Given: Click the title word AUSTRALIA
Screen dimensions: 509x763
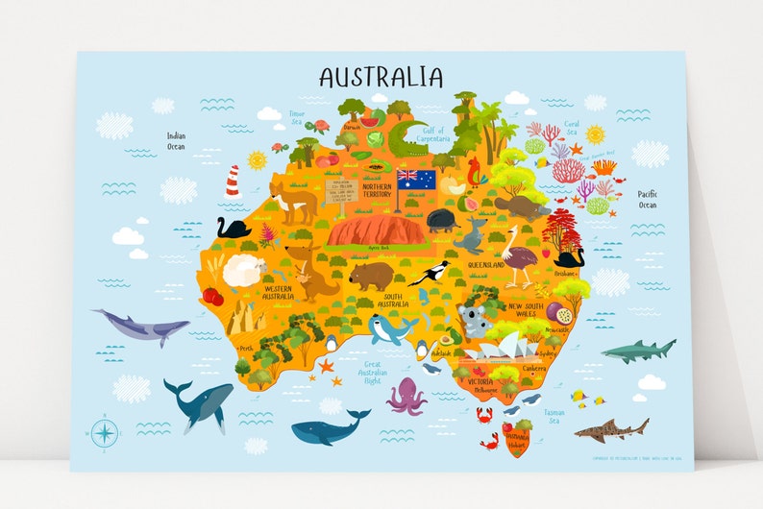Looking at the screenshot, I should click(x=381, y=77).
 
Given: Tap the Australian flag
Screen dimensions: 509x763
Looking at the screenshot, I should click(x=416, y=180).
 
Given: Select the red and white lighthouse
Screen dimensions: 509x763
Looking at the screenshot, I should click(x=232, y=182).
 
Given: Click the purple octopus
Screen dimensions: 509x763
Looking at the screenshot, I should click(x=406, y=396).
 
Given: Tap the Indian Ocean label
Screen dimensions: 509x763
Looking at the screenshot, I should click(x=175, y=141).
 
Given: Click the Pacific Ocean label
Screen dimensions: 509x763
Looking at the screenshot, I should click(x=648, y=199).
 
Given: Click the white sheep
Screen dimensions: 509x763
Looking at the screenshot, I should click(x=243, y=272).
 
